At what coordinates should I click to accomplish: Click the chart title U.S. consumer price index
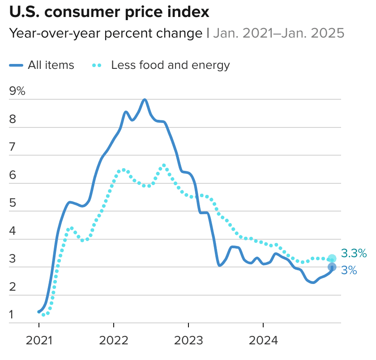pos(109,13)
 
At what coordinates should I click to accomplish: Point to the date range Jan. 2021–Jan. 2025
pos(278,33)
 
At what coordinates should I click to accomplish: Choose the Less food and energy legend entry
pos(170,65)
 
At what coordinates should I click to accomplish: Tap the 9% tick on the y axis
pos(17,91)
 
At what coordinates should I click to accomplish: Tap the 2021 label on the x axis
pos(39,341)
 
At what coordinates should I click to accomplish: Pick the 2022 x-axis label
pos(114,341)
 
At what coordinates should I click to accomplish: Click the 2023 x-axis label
pos(188,341)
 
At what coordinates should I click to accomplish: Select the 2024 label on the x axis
pos(263,341)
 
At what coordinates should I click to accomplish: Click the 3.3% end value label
pos(354,254)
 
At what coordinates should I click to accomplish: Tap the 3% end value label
pos(349,270)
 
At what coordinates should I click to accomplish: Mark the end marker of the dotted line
pos(332,258)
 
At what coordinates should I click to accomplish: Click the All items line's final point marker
pos(332,267)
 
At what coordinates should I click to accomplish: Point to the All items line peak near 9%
pos(144,100)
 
